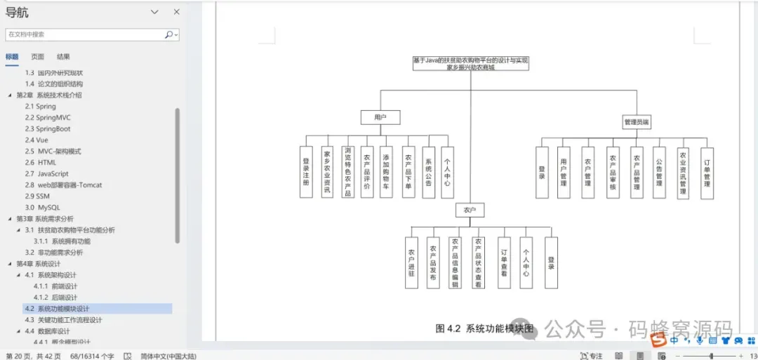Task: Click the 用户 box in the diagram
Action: (x=380, y=117)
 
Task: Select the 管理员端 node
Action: (x=637, y=122)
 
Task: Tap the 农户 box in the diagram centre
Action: (x=470, y=210)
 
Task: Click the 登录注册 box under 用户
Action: (x=306, y=172)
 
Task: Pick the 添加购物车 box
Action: (x=387, y=172)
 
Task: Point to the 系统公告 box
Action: (x=428, y=172)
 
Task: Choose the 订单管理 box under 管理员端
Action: (x=707, y=172)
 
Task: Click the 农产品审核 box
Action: (x=613, y=172)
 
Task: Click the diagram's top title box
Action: (x=470, y=64)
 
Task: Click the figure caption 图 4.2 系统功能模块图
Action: (x=485, y=328)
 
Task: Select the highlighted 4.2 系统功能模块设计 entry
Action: (x=63, y=308)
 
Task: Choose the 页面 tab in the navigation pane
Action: (x=38, y=57)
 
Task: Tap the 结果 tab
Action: (x=63, y=57)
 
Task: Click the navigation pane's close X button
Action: (x=176, y=12)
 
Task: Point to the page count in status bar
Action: (x=33, y=356)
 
